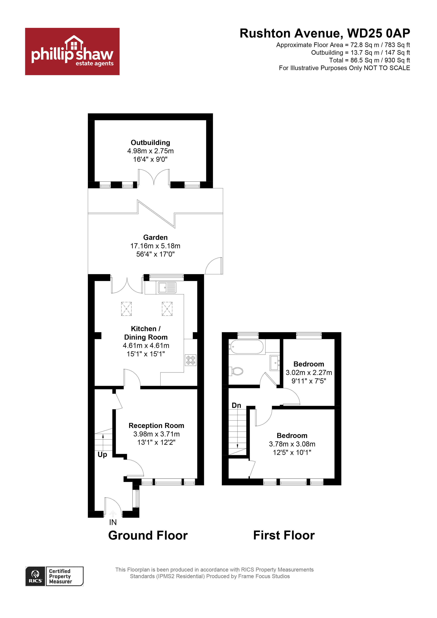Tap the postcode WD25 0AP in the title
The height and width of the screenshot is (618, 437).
click(378, 33)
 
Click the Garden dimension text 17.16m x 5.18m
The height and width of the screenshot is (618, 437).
click(155, 246)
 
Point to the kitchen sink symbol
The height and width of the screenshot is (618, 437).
click(167, 288)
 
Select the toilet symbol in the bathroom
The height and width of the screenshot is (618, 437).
click(236, 371)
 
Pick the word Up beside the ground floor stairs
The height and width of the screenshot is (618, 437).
click(102, 455)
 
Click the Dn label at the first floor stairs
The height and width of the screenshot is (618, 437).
click(236, 405)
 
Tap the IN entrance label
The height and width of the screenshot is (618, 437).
click(113, 522)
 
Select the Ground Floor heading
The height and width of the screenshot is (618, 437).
click(148, 536)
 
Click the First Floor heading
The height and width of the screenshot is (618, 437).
click(284, 535)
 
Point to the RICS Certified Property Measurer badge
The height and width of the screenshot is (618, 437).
click(54, 576)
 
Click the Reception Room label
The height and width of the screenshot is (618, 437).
click(156, 425)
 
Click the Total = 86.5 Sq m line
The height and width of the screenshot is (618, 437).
click(369, 60)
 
